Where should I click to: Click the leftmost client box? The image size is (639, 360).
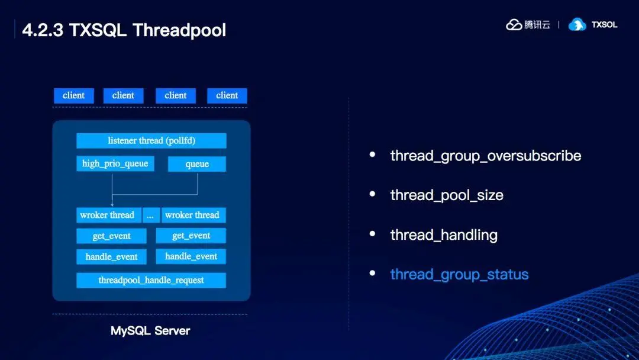(74, 95)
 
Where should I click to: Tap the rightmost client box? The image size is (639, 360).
(227, 95)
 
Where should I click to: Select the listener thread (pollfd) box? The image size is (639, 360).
(151, 141)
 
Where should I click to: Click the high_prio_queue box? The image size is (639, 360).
(115, 163)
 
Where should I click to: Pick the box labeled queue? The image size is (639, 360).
(197, 164)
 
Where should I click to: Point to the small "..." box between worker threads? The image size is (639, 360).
(150, 216)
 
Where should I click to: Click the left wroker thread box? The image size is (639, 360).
(108, 216)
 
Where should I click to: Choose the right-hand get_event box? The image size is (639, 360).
(191, 236)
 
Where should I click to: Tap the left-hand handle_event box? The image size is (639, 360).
(111, 257)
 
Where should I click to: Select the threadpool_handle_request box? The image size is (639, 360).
(151, 280)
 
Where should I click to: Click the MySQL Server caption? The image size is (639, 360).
(150, 331)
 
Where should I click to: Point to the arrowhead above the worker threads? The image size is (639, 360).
(112, 204)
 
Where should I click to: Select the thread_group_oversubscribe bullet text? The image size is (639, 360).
(485, 156)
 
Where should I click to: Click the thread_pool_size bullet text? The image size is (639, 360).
(447, 195)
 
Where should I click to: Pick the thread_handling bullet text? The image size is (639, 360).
(444, 235)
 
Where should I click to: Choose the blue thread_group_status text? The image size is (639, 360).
(459, 275)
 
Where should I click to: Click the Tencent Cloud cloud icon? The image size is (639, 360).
(514, 25)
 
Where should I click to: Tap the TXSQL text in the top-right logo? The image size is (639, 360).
(604, 25)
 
